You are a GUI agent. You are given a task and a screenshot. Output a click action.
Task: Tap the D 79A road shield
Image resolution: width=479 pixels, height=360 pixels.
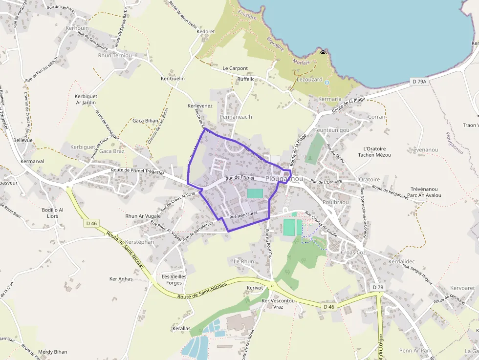[x=419, y=82]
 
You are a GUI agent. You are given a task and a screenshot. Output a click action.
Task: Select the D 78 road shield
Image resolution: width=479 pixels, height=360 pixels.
[x=377, y=287]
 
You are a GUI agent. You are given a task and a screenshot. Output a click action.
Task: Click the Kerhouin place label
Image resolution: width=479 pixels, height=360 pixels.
[x=77, y=28]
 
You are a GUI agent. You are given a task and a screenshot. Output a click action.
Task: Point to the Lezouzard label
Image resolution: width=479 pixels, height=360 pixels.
[x=309, y=79]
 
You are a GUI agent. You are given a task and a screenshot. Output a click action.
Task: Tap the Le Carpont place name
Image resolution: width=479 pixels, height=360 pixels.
[x=235, y=68]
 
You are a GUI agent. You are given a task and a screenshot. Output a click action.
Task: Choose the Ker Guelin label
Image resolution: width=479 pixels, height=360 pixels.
[x=173, y=78]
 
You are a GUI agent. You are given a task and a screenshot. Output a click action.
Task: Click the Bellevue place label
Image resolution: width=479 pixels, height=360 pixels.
[x=23, y=140]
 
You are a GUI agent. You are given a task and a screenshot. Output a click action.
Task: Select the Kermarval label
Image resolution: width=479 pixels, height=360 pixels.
[x=32, y=161]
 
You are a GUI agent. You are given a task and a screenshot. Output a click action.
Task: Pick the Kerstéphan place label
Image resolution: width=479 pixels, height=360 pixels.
[x=139, y=242]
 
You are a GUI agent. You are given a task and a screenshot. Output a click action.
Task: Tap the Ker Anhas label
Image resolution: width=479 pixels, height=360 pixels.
[x=121, y=279]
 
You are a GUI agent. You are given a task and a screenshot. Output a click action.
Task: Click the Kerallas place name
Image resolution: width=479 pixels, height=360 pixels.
[x=181, y=329]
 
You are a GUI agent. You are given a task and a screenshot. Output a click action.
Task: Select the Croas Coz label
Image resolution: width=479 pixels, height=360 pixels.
[x=353, y=253]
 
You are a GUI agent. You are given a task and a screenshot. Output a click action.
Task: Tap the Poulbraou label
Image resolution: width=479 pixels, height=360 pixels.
[x=335, y=202]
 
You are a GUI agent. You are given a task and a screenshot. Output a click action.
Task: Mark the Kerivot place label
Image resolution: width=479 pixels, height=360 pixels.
[x=255, y=288]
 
